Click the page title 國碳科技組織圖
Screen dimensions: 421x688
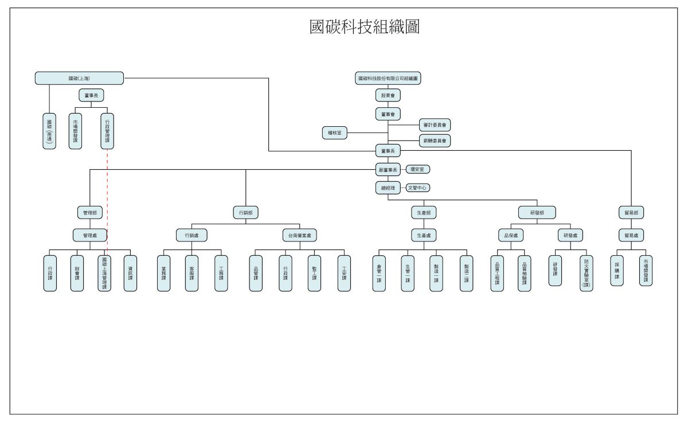pos(365,27)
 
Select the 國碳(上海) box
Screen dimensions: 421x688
pos(79,78)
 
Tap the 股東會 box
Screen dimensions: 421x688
pos(388,95)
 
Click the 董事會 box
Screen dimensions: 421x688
pos(388,115)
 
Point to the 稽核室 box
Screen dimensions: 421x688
pos(335,133)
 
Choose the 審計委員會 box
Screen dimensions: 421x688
pos(435,124)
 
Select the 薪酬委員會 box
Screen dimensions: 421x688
pos(435,140)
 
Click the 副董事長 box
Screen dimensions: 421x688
pos(388,170)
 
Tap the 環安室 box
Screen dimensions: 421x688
pos(418,169)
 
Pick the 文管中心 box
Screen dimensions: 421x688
pos(418,187)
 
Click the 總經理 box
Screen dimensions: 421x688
pos(388,188)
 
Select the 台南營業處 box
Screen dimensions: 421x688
pos(299,235)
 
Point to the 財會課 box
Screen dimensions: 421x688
pos(77,273)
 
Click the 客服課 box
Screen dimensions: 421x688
pos(192,273)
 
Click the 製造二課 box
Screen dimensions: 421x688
pos(467,273)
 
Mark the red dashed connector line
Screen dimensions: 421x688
pos(108,195)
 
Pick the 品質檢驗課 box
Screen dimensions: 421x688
pos(524,273)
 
